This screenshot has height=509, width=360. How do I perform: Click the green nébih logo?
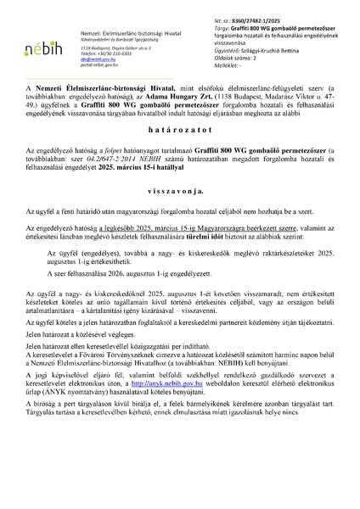[x=40, y=45]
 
